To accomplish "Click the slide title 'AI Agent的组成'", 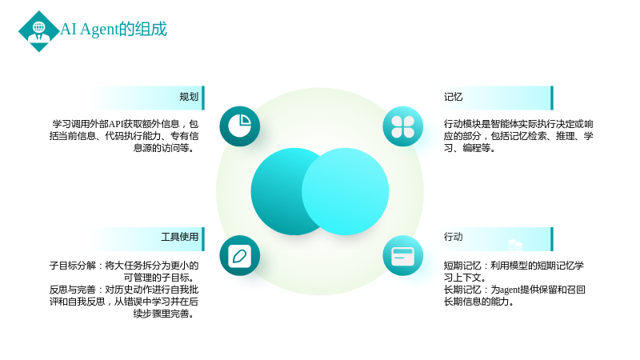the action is (114, 30).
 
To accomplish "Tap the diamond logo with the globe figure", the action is (38, 31).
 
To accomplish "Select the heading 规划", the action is (189, 97).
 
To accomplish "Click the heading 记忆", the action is (453, 97).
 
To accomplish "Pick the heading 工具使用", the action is (179, 237).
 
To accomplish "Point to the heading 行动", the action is (453, 237).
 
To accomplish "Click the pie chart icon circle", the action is (239, 126).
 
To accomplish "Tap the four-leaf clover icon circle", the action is (403, 126).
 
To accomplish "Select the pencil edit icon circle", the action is (239, 255).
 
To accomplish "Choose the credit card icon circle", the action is (403, 255).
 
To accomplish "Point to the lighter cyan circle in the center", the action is (346, 191).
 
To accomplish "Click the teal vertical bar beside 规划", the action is (203, 98).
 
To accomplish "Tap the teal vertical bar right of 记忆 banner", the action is (552, 98).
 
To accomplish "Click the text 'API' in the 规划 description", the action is (115, 124).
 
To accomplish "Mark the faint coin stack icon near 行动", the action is (515, 245).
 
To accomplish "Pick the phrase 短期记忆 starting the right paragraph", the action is (462, 266).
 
